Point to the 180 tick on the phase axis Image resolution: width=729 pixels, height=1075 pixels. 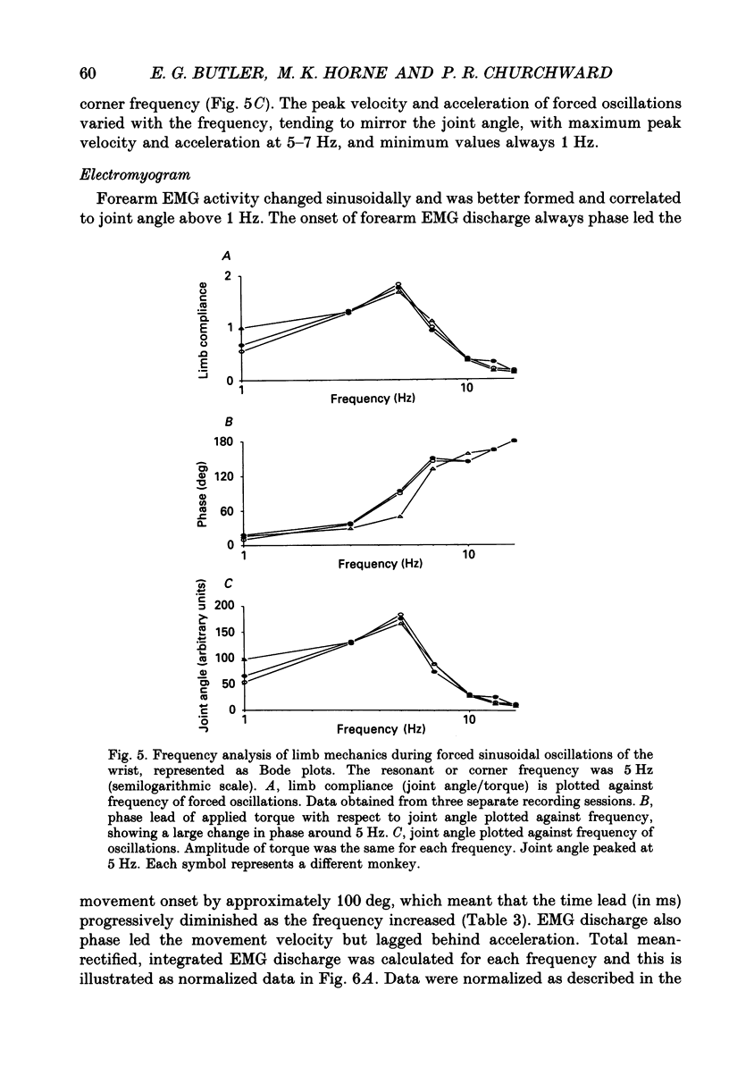click(x=223, y=442)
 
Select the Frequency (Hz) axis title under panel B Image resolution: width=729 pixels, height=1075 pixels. click(x=379, y=564)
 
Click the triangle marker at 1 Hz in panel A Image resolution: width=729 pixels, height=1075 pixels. click(x=243, y=329)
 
